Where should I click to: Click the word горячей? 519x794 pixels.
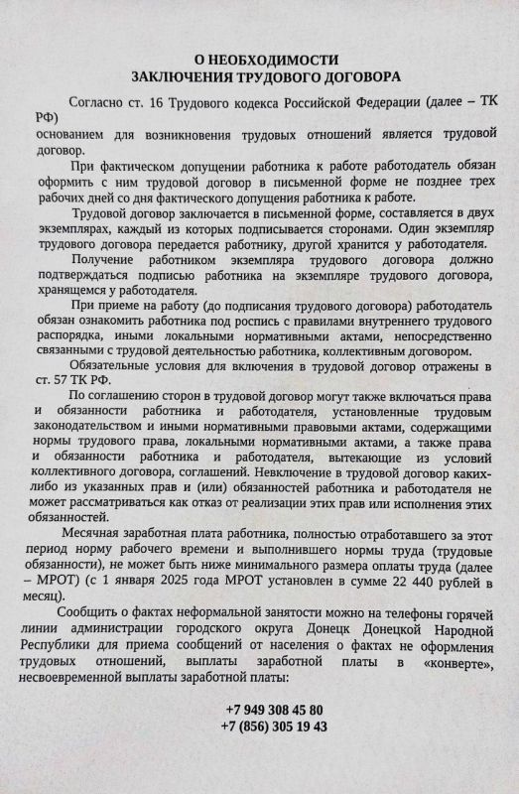[x=466, y=613]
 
